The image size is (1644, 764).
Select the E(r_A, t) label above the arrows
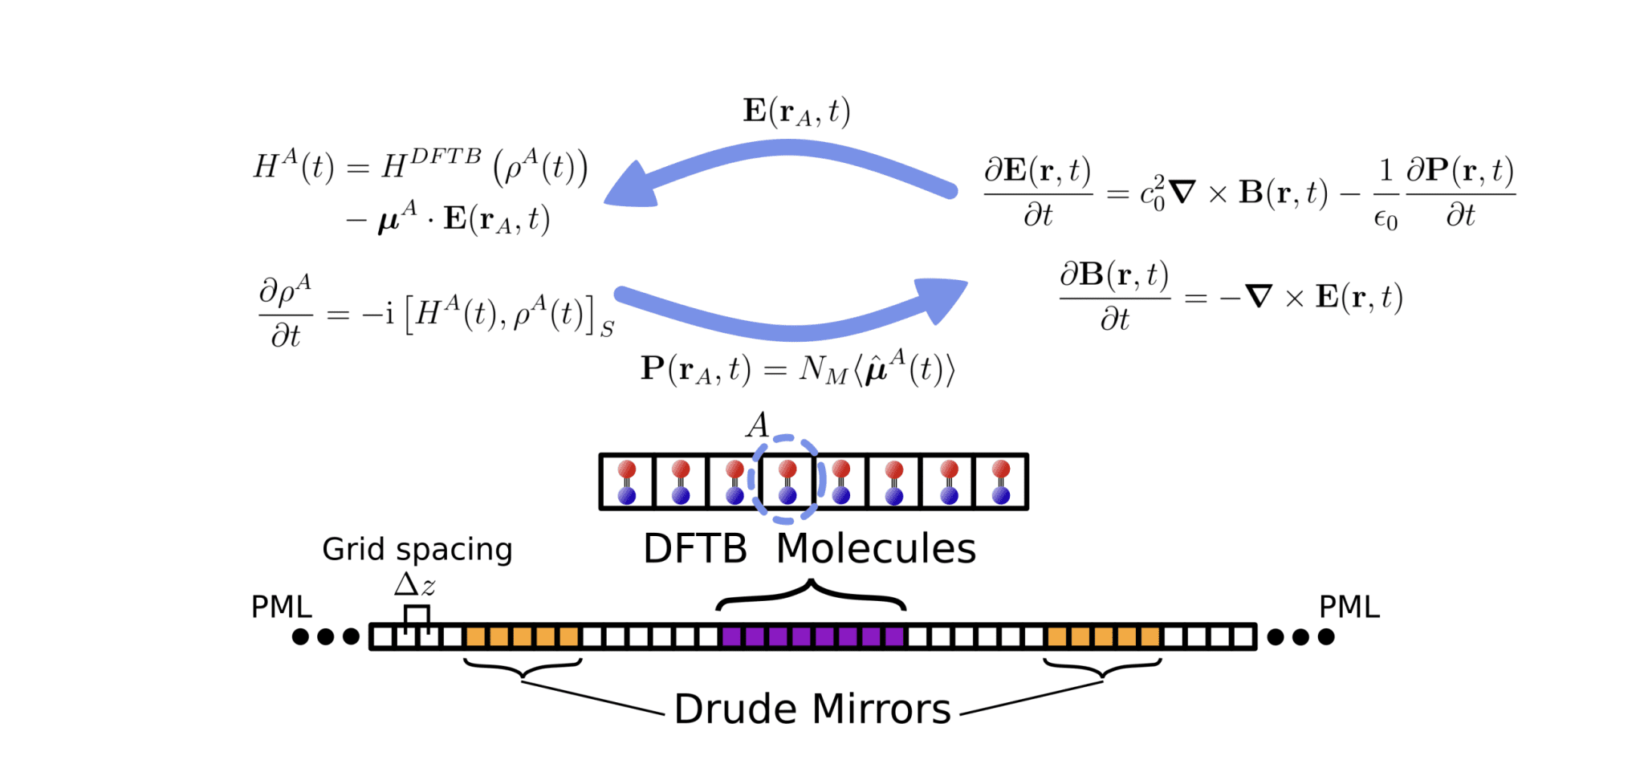[x=796, y=112]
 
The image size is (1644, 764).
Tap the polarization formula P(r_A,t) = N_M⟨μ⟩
[x=797, y=370]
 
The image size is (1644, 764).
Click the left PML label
[x=281, y=607]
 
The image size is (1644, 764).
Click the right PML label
[x=1349, y=607]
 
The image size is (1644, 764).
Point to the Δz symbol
[x=414, y=585]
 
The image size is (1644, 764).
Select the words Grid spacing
[x=417, y=550]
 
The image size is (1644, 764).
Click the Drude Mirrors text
[x=812, y=709]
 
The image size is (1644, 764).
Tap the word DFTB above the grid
[x=695, y=550]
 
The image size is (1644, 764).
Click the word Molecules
[x=876, y=550]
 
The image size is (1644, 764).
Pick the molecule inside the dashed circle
[x=787, y=482]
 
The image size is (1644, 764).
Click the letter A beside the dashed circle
[x=757, y=425]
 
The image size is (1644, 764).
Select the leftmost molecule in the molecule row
[x=627, y=482]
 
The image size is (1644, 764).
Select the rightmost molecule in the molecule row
[x=1001, y=482]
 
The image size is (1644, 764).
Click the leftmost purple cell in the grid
[x=730, y=637]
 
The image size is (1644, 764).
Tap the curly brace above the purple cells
[x=811, y=596]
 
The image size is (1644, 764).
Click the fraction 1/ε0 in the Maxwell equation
[x=1386, y=194]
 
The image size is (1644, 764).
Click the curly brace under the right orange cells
[x=1102, y=668]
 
